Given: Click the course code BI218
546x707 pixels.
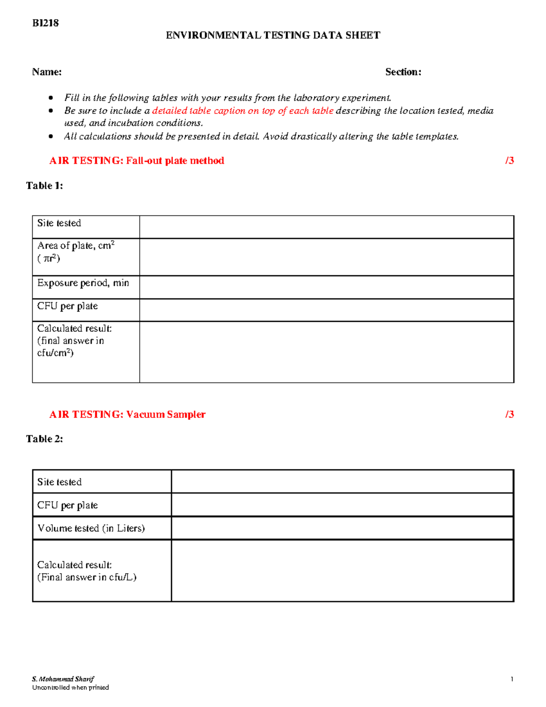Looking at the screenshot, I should (x=45, y=23).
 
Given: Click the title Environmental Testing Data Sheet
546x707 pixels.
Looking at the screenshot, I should (x=273, y=36).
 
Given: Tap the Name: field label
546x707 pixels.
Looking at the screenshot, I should (x=47, y=72).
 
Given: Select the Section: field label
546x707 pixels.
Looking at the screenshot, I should (x=403, y=72).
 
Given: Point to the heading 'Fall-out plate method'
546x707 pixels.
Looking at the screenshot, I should (x=175, y=161).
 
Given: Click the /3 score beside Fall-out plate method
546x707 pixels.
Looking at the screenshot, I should (x=509, y=160).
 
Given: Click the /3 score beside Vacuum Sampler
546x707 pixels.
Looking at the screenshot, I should (x=509, y=414).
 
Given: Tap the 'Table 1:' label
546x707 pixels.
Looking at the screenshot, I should (x=45, y=185).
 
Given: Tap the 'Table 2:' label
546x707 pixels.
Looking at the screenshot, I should (x=45, y=439).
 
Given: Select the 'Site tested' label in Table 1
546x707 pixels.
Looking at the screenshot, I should (x=59, y=223).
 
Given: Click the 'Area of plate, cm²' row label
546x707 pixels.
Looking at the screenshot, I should (x=76, y=246).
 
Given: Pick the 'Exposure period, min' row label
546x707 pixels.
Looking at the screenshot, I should (x=83, y=283).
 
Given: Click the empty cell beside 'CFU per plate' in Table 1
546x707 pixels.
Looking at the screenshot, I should (x=326, y=310).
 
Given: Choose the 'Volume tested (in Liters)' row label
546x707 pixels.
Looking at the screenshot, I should (x=91, y=528).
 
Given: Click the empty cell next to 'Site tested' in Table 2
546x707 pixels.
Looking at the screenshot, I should (x=342, y=482).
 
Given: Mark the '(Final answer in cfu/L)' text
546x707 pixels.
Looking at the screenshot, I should (x=86, y=577).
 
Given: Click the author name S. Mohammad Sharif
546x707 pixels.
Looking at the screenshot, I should (x=63, y=679).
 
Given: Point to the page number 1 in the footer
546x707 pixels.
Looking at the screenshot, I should (x=512, y=679).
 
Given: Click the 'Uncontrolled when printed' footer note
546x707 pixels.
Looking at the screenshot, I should (x=71, y=687).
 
